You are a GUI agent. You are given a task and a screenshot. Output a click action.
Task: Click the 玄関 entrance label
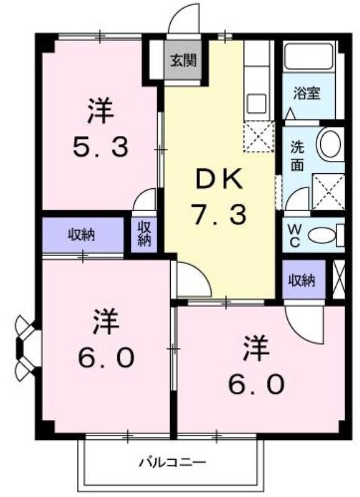tap(184, 60)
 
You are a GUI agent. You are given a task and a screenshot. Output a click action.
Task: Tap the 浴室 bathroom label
tap(307, 93)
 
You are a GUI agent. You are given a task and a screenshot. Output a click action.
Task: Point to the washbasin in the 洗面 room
tap(330, 143)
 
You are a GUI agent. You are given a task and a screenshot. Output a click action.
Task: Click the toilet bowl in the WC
tap(322, 235)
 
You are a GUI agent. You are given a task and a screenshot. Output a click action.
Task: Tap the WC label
tap(294, 235)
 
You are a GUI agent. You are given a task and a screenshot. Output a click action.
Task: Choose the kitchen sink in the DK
tap(256, 103)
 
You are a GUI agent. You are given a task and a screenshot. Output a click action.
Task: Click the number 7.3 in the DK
tap(220, 215)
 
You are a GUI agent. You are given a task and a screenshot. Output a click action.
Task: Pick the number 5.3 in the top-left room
tap(101, 147)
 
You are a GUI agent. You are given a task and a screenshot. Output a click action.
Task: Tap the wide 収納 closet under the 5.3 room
tap(83, 235)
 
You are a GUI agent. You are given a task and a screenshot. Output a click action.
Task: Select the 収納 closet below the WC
tap(304, 280)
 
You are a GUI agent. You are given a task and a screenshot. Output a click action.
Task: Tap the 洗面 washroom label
tap(297, 157)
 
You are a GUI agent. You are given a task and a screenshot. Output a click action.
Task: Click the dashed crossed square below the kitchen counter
tap(259, 137)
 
